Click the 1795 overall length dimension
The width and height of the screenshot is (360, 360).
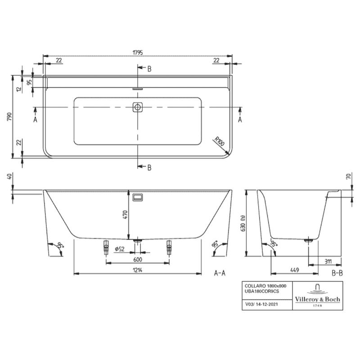138,52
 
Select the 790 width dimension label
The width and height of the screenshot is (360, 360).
9,117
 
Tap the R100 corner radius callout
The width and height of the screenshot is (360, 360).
219,142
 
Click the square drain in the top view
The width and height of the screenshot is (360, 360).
138,107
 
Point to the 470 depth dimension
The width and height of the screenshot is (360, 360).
125,215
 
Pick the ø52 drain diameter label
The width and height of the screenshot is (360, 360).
120,249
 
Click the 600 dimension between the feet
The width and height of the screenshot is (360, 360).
138,260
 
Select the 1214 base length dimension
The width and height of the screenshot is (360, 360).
138,270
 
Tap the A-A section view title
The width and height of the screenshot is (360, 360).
220,273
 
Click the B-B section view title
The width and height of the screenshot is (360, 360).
337,273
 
